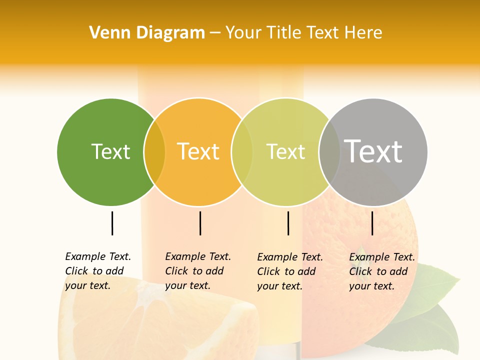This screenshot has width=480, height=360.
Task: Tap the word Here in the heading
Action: pyautogui.click(x=363, y=33)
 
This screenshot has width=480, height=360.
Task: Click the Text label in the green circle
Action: pyautogui.click(x=110, y=151)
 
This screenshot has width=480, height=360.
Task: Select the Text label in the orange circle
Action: pyautogui.click(x=198, y=151)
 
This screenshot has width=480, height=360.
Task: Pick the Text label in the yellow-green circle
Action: pyautogui.click(x=285, y=151)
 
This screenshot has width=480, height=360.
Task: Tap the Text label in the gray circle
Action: pyautogui.click(x=373, y=151)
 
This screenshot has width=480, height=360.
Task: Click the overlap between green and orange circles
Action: pyautogui.click(x=154, y=152)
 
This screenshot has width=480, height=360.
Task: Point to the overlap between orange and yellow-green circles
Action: pyautogui.click(x=242, y=152)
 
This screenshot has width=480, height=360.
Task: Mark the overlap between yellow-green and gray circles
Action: pyautogui.click(x=329, y=152)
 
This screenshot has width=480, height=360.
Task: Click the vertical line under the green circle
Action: pyautogui.click(x=112, y=223)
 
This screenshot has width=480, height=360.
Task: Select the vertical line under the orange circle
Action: pyautogui.click(x=200, y=223)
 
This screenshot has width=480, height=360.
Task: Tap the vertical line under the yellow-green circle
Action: pyautogui.click(x=288, y=223)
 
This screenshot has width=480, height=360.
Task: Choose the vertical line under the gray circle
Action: pyautogui.click(x=372, y=223)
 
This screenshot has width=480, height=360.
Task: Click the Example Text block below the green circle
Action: pyautogui.click(x=97, y=270)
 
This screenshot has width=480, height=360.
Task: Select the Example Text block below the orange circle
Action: pyautogui.click(x=197, y=270)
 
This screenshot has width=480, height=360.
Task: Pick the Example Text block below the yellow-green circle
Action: pyautogui.click(x=289, y=271)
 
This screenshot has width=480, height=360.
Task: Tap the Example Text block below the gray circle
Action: pyautogui.click(x=381, y=271)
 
